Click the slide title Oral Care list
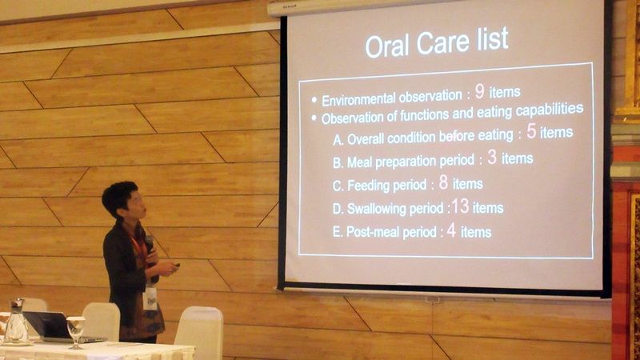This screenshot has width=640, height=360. [x=437, y=42]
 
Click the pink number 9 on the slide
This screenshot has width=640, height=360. [x=479, y=91]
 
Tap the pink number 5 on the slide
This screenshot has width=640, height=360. [x=531, y=131]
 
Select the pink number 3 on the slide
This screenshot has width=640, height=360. [x=492, y=157]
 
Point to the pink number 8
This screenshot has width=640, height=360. [x=444, y=182]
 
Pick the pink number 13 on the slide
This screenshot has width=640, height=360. [x=460, y=206]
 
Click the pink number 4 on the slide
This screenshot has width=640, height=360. [x=451, y=230]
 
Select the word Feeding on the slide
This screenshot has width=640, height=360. [x=366, y=186]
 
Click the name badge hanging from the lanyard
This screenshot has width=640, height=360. [x=150, y=298]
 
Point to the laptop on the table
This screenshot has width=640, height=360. [x=62, y=327]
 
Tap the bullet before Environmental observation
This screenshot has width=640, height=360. [x=314, y=100]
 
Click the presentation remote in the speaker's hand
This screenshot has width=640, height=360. [x=177, y=266]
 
